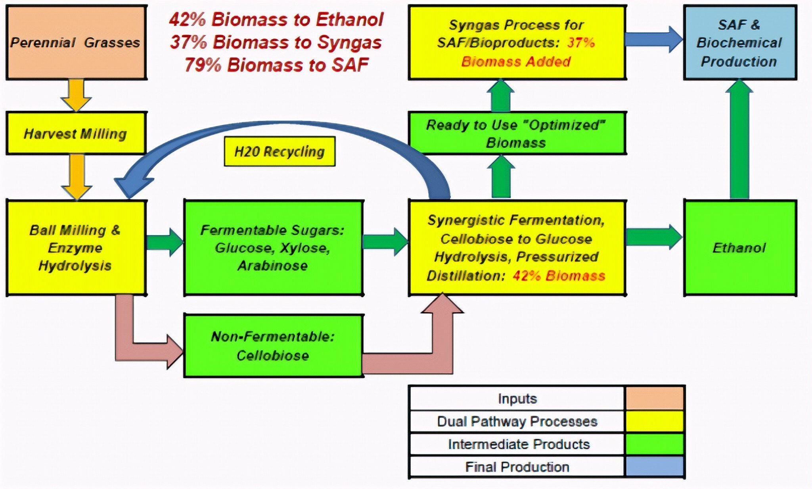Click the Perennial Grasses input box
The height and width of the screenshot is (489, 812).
click(76, 42)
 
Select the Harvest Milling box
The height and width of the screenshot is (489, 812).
click(76, 133)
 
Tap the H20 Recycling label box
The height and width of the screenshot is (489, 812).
click(280, 151)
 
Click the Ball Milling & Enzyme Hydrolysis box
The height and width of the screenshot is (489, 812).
click(76, 248)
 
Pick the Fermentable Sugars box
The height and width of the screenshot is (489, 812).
click(273, 248)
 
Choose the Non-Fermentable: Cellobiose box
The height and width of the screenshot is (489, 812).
click(273, 346)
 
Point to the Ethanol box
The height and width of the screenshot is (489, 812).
click(740, 248)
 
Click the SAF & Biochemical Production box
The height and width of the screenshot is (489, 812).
click(740, 42)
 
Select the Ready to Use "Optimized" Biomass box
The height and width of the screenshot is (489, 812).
click(517, 133)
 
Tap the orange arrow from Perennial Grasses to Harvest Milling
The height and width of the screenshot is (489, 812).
click(76, 94)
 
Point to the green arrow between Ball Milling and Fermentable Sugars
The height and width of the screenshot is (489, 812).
click(165, 242)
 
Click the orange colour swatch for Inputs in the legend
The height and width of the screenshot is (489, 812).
click(655, 398)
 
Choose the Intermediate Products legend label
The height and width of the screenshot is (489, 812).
click(519, 444)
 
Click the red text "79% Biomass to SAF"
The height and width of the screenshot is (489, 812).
click(277, 65)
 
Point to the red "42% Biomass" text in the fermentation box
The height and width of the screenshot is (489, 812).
click(559, 276)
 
